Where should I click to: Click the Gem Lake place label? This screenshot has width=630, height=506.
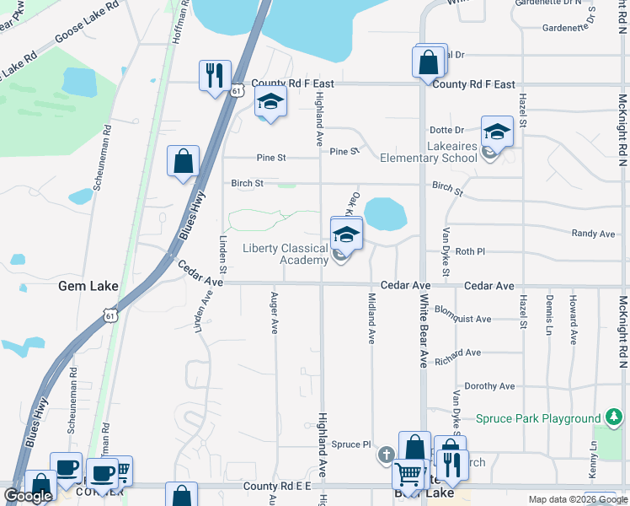pos(88,286)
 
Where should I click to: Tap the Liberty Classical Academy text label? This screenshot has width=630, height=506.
pos(286,254)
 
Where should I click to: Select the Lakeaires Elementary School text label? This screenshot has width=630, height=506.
pos(428,152)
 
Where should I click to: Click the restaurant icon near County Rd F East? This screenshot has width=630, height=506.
pos(215,74)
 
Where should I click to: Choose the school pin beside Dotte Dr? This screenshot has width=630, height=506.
pos(497,132)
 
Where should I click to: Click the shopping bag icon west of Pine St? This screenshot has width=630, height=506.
pos(183,161)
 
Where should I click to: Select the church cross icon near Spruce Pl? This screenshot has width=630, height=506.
pos(386,455)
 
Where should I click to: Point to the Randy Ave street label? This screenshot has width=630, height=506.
pos(593,234)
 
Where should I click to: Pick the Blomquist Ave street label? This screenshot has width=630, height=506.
pos(462,319)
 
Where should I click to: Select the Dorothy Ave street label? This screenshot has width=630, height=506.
pos(489,386)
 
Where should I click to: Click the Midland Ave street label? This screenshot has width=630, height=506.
pos(371,318)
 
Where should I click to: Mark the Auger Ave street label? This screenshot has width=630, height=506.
pos(274,313)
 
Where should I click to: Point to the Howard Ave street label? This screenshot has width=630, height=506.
pos(573,320)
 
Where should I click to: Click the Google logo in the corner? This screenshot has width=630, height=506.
pos(28,496)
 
